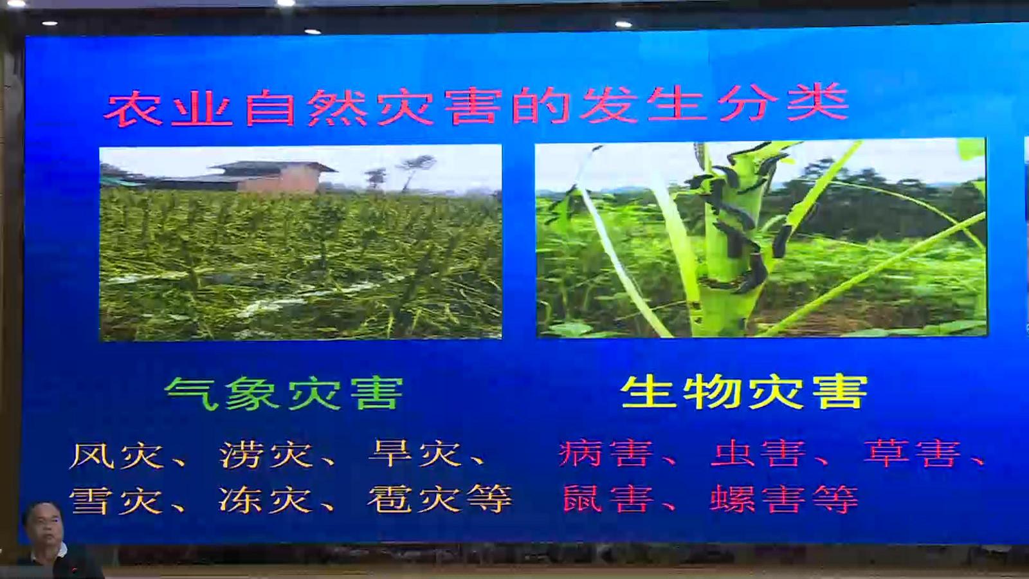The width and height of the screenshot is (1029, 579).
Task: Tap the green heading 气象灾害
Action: click(284, 393)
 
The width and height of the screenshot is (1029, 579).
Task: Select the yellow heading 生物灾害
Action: click(744, 392)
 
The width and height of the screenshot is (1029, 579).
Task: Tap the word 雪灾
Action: click(116, 501)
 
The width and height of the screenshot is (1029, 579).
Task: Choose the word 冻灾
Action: click(266, 499)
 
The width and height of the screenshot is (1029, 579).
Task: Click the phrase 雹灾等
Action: click(440, 499)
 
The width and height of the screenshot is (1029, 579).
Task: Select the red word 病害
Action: click(606, 454)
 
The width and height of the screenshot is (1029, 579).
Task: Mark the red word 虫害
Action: click(758, 454)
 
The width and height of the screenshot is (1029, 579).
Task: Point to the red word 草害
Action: click(912, 453)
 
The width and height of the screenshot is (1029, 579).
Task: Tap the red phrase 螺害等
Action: click(784, 499)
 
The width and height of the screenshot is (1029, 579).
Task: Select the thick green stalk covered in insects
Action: click(731, 239)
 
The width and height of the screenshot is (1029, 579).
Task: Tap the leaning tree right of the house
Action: click(415, 172)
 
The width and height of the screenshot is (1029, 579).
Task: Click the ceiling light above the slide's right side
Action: click(623, 24)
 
